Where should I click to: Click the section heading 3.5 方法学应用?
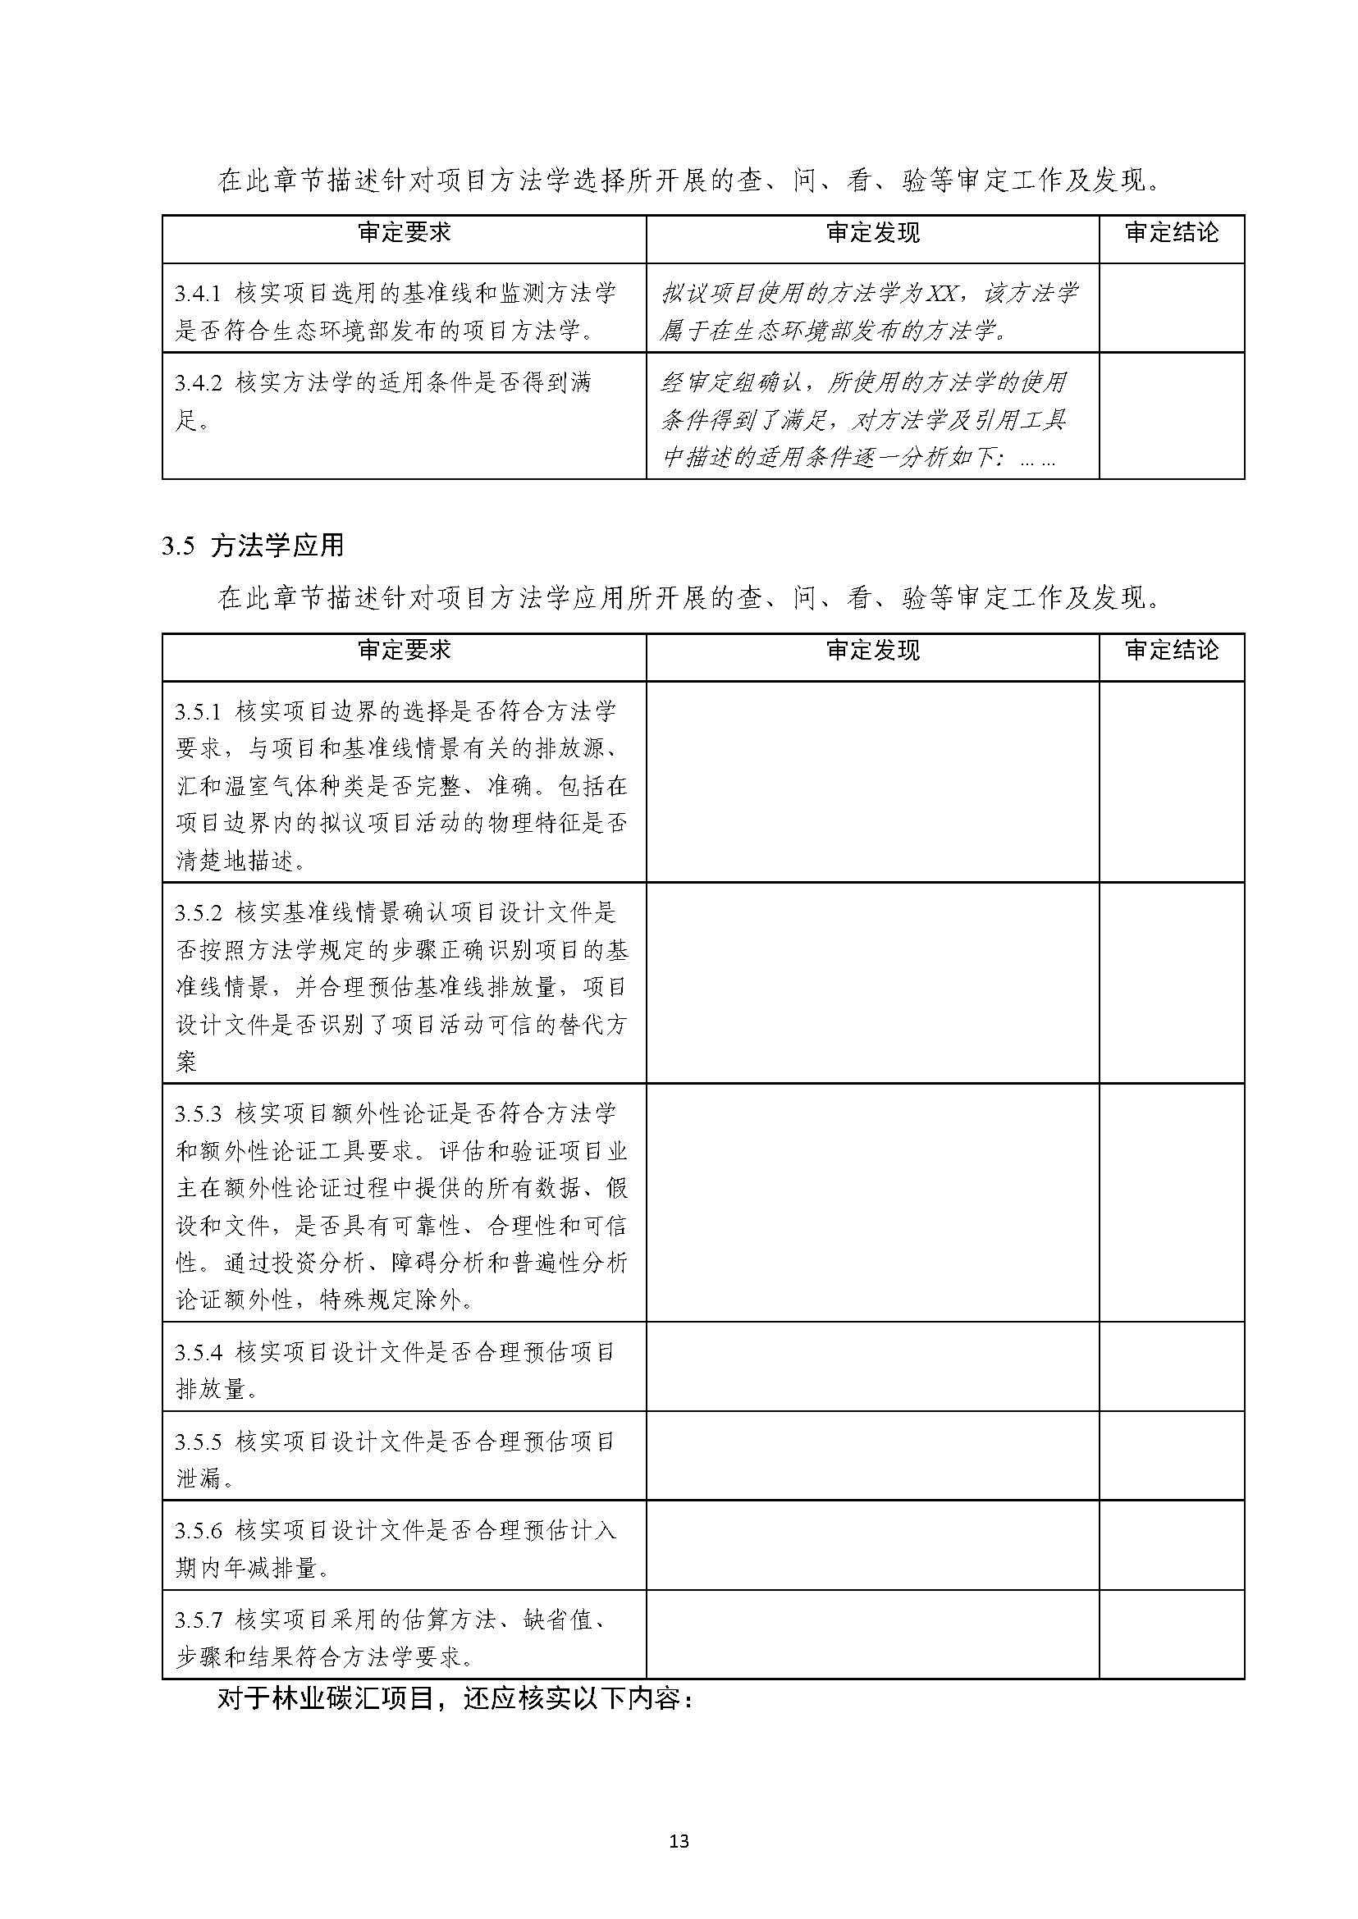coord(253,546)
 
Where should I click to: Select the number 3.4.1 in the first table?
coord(199,294)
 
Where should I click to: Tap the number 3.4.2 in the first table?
coord(199,383)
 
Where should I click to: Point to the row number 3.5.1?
coord(199,711)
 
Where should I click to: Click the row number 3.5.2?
coord(199,912)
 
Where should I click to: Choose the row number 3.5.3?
coord(199,1114)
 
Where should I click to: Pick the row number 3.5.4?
coord(199,1352)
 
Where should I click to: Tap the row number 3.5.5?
coord(199,1442)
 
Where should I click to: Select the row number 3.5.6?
coord(199,1531)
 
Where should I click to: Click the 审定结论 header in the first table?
coord(1172,233)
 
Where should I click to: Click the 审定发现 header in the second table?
coord(872,651)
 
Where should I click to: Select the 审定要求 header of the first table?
coord(404,233)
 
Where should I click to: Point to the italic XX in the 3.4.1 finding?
coord(944,294)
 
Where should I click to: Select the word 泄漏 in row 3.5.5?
coord(199,1479)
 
